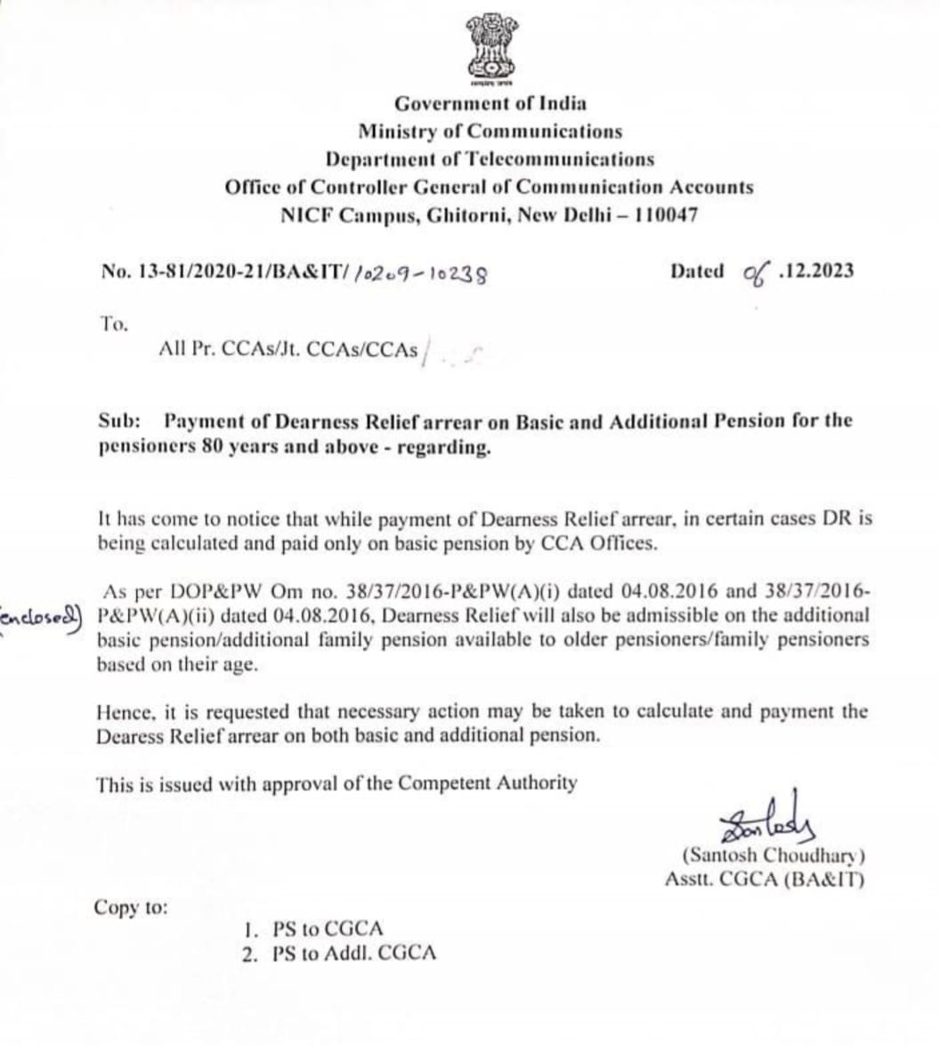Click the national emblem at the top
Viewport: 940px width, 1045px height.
click(490, 49)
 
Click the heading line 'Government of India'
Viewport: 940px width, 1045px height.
click(490, 103)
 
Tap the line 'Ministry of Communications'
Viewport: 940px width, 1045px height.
click(490, 132)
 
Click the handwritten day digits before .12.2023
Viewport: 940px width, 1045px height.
click(756, 271)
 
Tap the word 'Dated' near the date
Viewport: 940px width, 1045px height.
click(697, 271)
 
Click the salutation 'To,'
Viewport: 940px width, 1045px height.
click(114, 324)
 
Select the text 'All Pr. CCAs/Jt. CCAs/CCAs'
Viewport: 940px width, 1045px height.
click(288, 350)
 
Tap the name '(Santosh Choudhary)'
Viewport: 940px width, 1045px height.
click(774, 856)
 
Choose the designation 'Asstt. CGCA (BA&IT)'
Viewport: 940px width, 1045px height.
click(765, 879)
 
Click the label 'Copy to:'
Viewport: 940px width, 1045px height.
click(130, 908)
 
